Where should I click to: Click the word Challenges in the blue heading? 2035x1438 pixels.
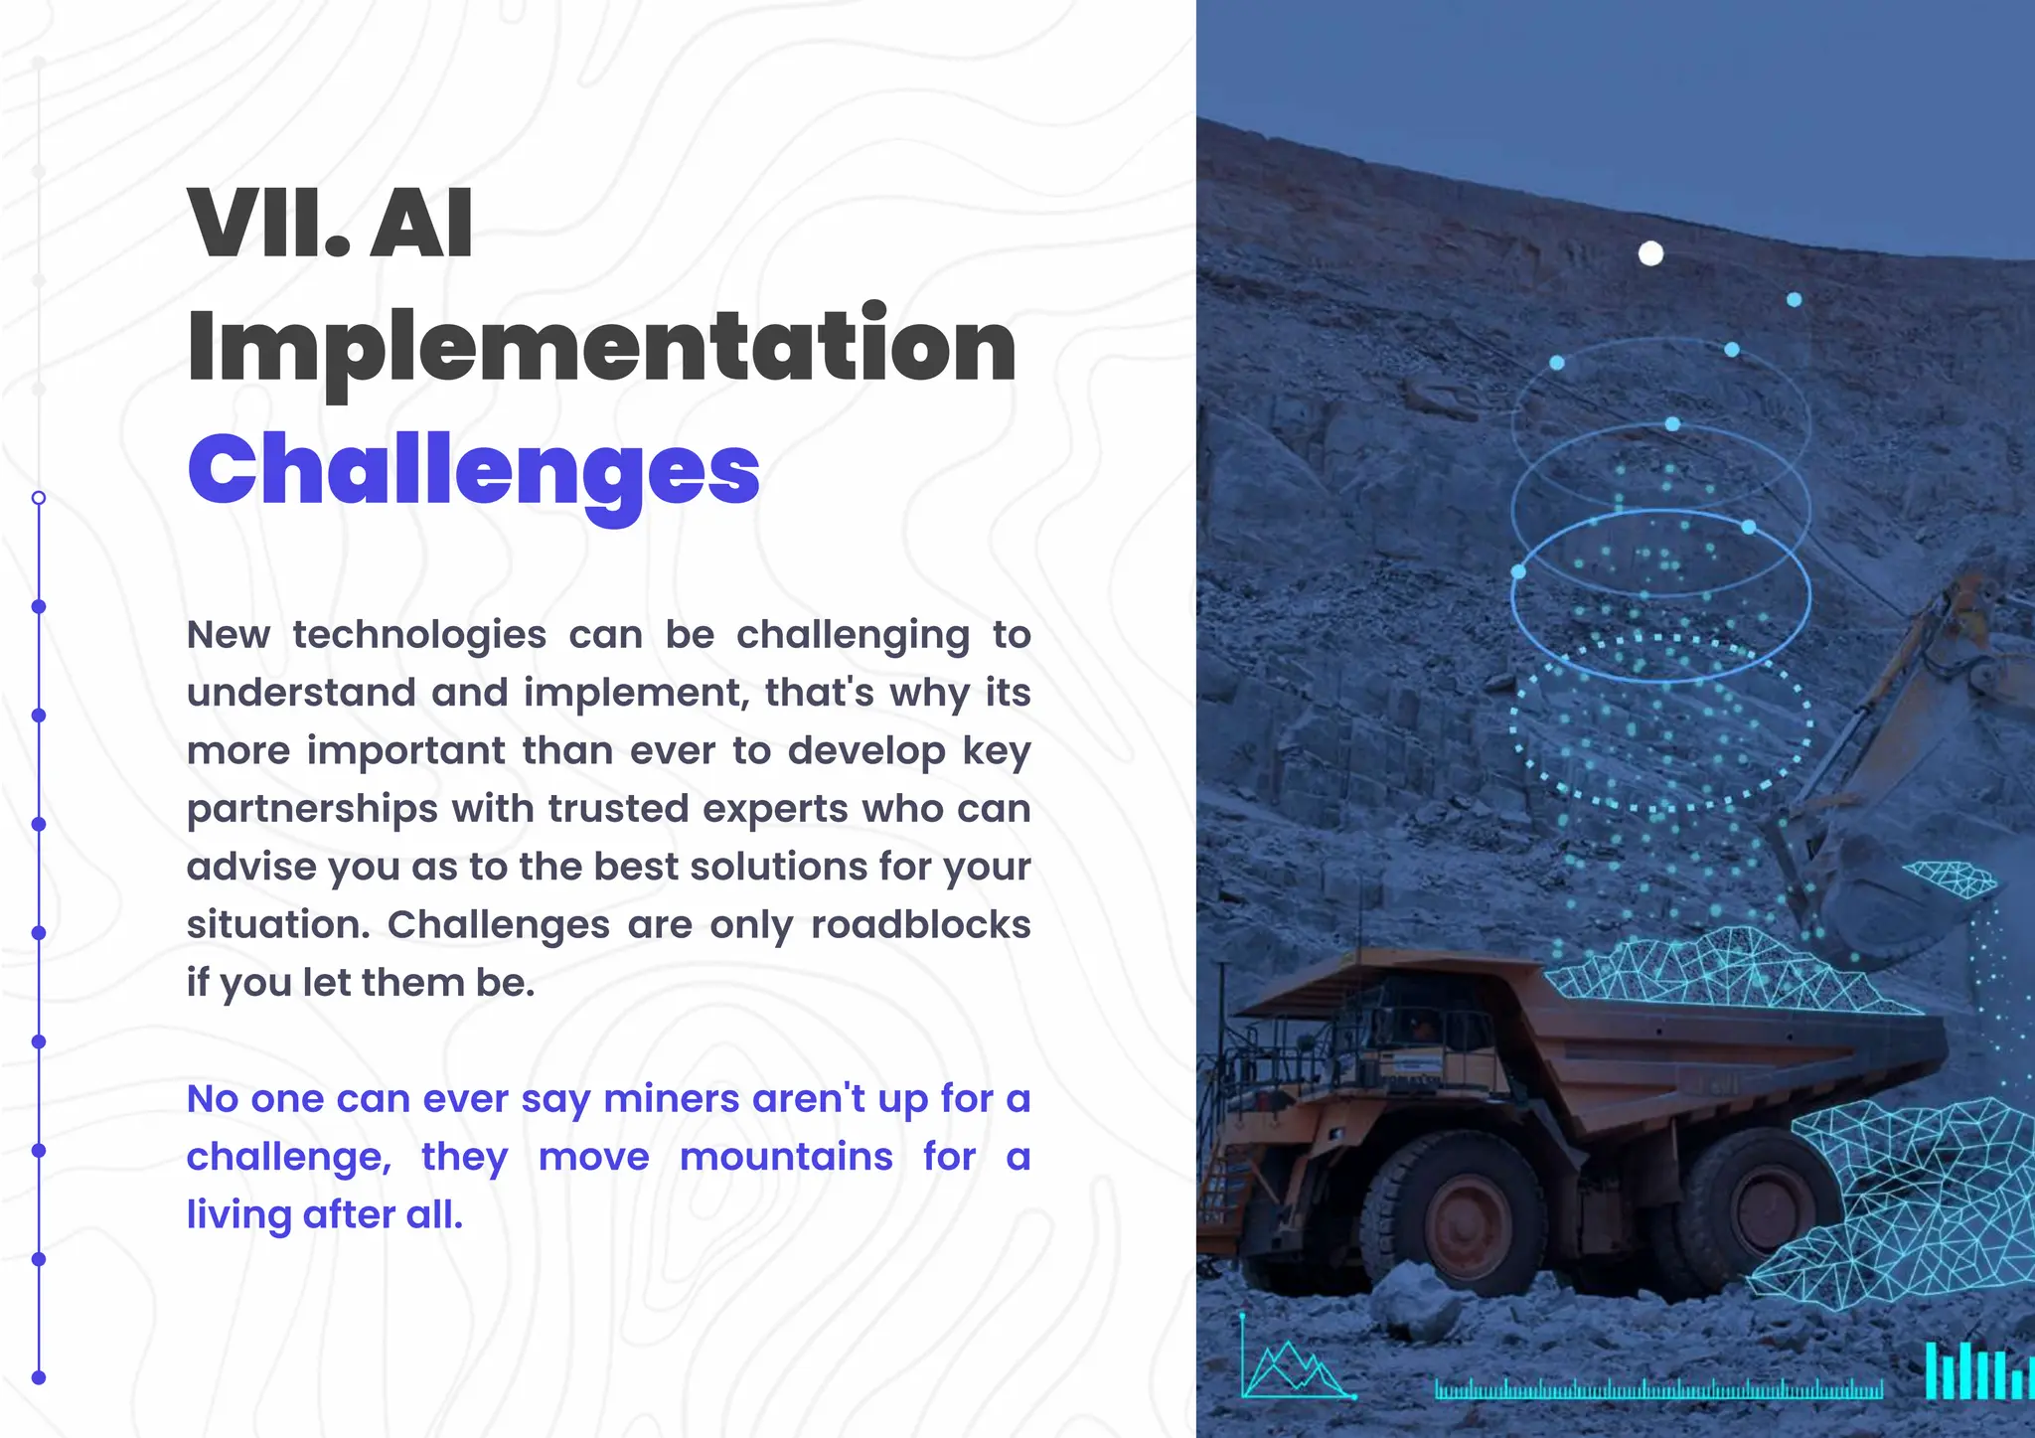(473, 472)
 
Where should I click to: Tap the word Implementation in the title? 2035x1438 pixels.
(601, 346)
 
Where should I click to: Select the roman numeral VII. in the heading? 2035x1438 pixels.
(268, 225)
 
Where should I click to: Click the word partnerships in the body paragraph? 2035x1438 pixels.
(312, 810)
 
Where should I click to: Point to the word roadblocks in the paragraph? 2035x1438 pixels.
(920, 925)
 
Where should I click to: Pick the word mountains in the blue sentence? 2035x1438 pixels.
(786, 1157)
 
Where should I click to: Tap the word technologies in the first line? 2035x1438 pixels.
(419, 635)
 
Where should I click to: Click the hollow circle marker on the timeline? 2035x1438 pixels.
(39, 498)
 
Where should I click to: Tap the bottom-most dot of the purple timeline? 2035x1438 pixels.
(39, 1377)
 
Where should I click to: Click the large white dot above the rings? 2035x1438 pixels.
(1650, 254)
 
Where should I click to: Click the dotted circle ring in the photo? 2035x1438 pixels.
(1661, 723)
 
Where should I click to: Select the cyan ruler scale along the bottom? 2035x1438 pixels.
(1658, 1388)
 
